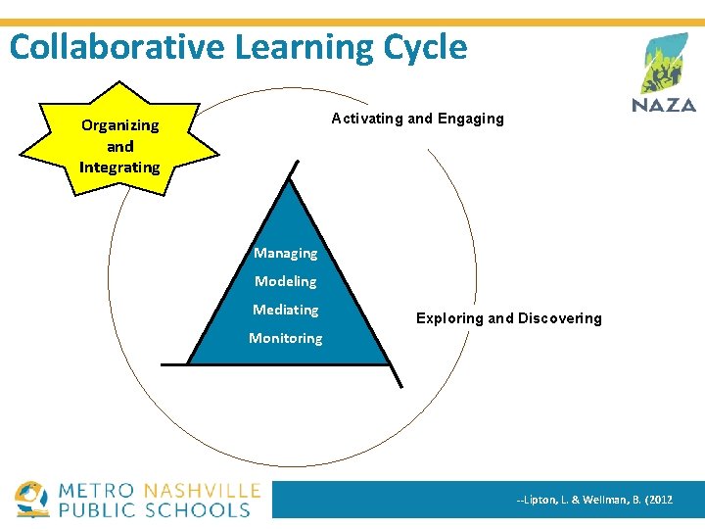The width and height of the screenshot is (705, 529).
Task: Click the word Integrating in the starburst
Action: (119, 168)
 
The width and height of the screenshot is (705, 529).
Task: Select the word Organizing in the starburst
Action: (119, 125)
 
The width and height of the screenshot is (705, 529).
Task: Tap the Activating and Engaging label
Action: (417, 119)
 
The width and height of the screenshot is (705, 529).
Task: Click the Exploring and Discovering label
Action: (508, 318)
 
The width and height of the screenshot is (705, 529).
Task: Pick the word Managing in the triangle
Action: (285, 253)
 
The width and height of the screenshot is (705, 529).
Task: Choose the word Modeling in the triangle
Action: (285, 281)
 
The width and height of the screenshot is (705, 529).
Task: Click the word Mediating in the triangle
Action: (285, 310)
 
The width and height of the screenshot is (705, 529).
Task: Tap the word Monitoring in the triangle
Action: (285, 338)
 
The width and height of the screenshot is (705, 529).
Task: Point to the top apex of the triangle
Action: (290, 181)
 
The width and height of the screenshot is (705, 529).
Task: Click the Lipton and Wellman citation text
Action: (594, 500)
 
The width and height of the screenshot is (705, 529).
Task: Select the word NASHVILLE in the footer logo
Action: (202, 491)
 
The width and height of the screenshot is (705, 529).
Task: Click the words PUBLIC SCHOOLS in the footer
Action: (156, 509)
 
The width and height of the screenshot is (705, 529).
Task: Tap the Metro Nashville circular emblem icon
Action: (31, 499)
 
